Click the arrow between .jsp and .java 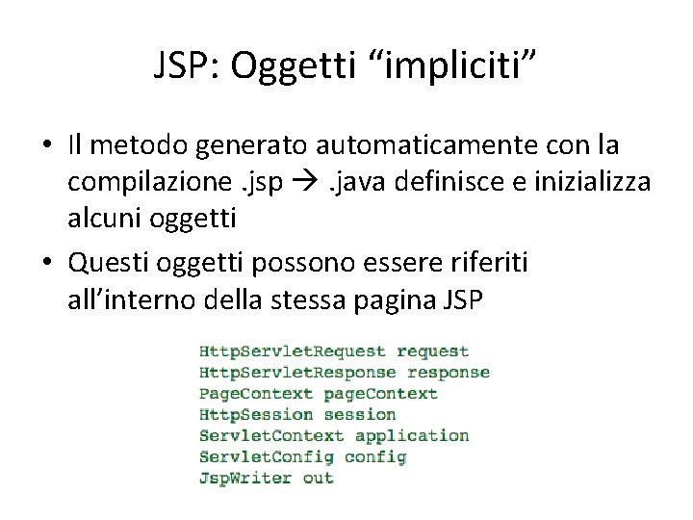pos(302,183)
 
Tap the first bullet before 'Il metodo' pos(46,147)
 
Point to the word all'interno pos(132,300)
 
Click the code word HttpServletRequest pos(292,352)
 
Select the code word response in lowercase pos(449,373)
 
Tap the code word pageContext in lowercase pos(380,394)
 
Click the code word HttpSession pos(256,415)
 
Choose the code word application pos(412,435)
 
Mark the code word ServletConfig pos(266,456)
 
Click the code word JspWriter pos(245,478)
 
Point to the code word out pos(318,478)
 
